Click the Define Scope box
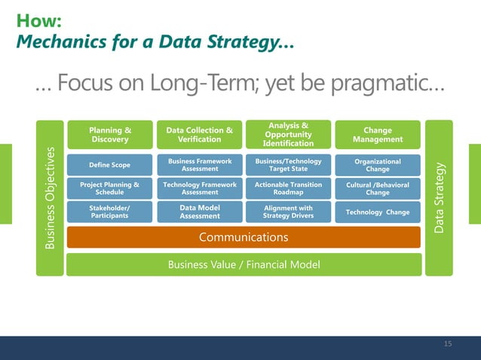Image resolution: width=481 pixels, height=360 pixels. (109, 164)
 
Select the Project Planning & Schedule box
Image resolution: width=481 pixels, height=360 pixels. (109, 188)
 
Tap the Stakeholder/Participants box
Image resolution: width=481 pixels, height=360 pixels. (109, 212)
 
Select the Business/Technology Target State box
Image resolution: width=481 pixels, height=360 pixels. (288, 164)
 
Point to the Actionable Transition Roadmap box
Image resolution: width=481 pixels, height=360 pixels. (288, 188)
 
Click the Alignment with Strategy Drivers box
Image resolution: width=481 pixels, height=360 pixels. (288, 212)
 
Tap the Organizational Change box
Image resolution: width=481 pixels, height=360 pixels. (378, 164)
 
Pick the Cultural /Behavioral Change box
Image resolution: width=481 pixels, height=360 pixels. (378, 188)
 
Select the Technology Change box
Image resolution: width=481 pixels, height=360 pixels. (378, 212)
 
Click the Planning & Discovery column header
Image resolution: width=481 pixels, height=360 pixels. (109, 134)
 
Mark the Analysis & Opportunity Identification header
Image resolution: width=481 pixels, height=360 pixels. (288, 134)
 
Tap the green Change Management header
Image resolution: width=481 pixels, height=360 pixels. (378, 134)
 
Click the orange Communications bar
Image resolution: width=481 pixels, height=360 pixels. (244, 237)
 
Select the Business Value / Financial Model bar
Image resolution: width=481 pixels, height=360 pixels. (244, 264)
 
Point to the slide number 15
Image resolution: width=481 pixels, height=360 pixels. (448, 344)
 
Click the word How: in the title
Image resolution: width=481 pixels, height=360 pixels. (38, 20)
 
